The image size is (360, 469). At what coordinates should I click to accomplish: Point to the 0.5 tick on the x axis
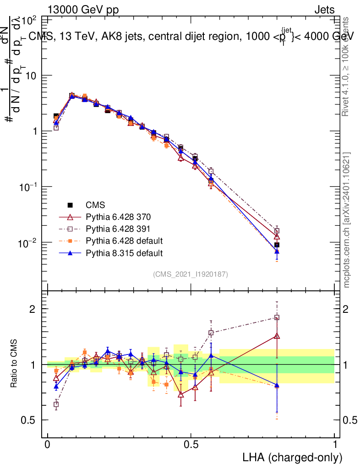(x=191, y=445)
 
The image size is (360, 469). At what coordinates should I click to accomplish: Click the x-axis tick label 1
(x=335, y=445)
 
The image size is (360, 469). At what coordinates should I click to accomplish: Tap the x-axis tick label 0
(x=48, y=445)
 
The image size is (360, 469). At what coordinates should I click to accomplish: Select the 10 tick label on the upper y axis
(x=32, y=75)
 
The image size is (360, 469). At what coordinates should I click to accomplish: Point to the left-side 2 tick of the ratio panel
(x=33, y=309)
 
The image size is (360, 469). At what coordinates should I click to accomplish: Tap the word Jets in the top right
(x=324, y=9)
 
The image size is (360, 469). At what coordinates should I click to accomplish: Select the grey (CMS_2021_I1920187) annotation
(x=191, y=274)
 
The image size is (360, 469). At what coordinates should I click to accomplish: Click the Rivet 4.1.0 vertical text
(x=347, y=66)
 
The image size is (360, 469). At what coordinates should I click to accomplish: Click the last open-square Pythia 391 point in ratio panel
(x=277, y=317)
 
